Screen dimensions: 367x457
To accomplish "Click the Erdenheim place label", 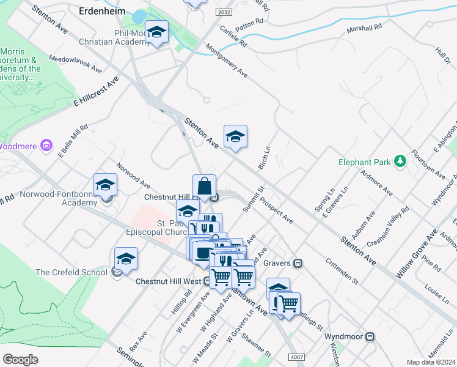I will (102, 10).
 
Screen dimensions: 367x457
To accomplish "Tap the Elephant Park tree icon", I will (400, 161).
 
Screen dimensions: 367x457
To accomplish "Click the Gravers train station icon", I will (298, 264).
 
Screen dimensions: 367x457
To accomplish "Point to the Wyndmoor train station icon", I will (370, 337).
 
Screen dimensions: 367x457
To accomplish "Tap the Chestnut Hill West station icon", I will (208, 281).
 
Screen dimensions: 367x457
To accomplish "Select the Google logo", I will (21, 359).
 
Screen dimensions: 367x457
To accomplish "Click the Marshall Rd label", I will (364, 28).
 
